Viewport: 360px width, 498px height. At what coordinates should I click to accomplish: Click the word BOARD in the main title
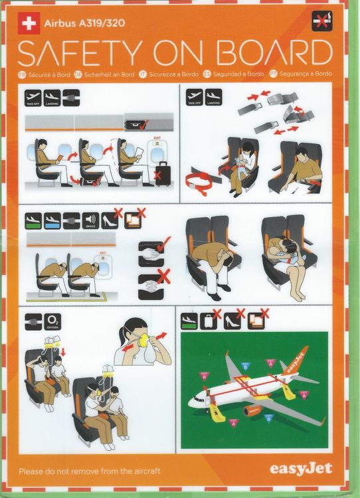point(277,54)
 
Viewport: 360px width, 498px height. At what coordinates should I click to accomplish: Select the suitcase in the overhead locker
point(137,122)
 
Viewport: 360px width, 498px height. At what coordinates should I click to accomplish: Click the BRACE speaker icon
point(90,220)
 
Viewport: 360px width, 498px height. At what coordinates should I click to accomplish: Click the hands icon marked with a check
point(149,252)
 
